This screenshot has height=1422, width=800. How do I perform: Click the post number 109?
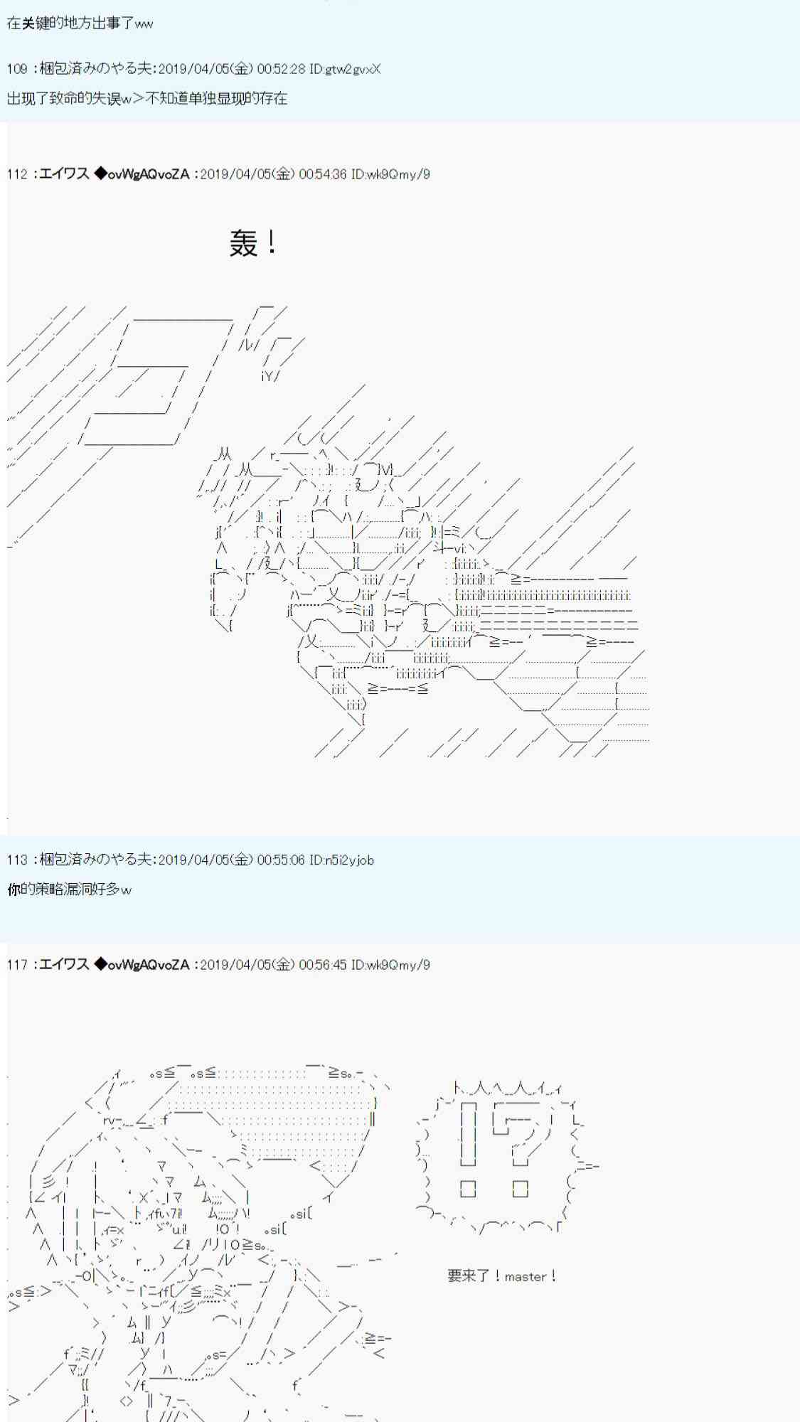(17, 69)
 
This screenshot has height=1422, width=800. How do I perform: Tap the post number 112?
(17, 174)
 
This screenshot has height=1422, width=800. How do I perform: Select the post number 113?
(17, 860)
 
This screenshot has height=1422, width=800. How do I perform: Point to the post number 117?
(17, 965)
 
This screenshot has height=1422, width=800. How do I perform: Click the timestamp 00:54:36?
(322, 174)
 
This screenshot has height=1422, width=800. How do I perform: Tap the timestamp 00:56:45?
(322, 965)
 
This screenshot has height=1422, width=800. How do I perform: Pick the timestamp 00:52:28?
(281, 69)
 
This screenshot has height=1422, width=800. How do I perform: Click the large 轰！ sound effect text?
(253, 243)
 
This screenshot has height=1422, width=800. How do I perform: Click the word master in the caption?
(526, 1276)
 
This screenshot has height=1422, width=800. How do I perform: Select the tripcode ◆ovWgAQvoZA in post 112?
(142, 174)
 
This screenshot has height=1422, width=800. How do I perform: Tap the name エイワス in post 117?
(64, 965)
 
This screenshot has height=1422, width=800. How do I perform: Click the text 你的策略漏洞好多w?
(69, 889)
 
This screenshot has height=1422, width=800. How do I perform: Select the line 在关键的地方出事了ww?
(80, 23)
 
